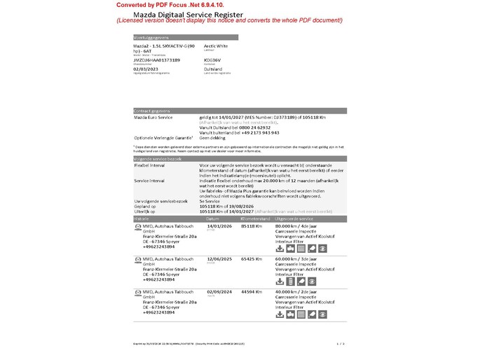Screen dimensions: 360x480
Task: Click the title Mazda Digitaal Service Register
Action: (x=188, y=14)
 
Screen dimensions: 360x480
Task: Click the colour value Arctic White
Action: (x=216, y=46)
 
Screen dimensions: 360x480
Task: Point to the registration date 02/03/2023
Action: (x=146, y=69)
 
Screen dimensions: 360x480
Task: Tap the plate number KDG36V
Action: (x=212, y=60)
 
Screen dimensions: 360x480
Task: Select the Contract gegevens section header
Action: (x=151, y=111)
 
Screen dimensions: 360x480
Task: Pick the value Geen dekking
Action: (x=214, y=137)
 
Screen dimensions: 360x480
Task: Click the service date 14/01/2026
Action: (x=220, y=226)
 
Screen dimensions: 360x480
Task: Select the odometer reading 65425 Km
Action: (x=251, y=258)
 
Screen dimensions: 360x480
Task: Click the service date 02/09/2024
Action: (x=220, y=291)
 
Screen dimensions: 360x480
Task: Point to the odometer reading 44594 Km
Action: (x=251, y=291)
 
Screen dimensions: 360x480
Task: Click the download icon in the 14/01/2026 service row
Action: (x=280, y=249)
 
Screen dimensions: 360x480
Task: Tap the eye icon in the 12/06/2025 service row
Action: (x=322, y=282)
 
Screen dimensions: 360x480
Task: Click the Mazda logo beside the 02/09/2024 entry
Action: (x=137, y=291)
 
